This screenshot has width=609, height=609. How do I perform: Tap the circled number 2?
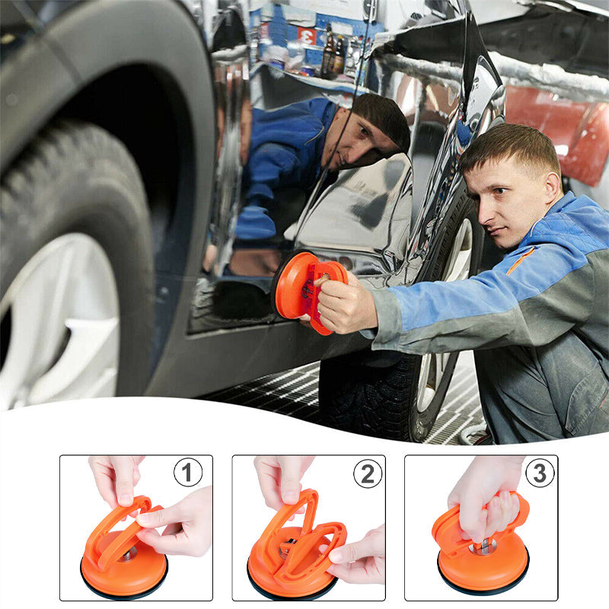click(367, 473)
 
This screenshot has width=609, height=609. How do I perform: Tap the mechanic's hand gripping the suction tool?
click(346, 304)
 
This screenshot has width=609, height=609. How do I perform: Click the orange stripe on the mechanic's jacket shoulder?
click(521, 260)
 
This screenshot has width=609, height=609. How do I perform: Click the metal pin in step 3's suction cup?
click(483, 545)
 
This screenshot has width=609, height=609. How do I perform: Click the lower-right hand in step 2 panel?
click(362, 556)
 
